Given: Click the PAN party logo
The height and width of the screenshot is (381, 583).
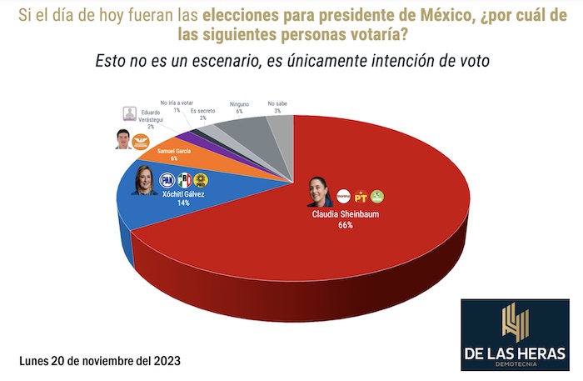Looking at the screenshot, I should [167, 179].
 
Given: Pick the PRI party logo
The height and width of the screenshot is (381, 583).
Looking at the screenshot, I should [184, 179].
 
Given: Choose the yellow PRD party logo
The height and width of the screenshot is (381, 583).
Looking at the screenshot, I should [200, 179].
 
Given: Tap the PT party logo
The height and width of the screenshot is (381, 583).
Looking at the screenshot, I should [361, 197].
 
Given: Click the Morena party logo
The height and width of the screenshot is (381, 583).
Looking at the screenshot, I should [343, 197].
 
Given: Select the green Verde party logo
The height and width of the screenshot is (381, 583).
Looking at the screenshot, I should [377, 197].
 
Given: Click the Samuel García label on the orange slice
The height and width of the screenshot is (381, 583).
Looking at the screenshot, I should [173, 150].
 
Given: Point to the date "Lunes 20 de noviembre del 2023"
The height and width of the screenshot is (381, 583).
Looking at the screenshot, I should [99, 361].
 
